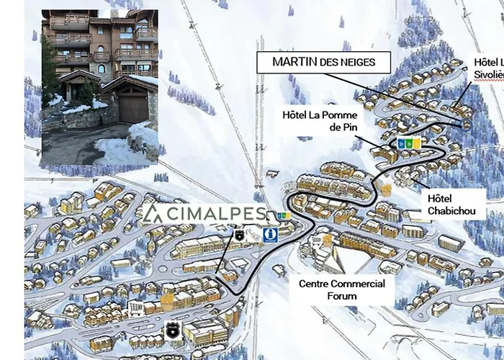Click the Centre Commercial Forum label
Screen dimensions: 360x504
coord(342,289)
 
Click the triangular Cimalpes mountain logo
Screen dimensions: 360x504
coord(153,214)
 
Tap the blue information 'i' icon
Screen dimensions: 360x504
coord(270,234)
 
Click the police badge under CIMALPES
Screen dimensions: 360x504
coord(238,234)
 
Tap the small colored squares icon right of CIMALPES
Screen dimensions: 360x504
coord(284,215)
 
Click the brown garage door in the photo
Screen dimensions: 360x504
coord(131,109)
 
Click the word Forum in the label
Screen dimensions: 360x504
coord(342,296)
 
